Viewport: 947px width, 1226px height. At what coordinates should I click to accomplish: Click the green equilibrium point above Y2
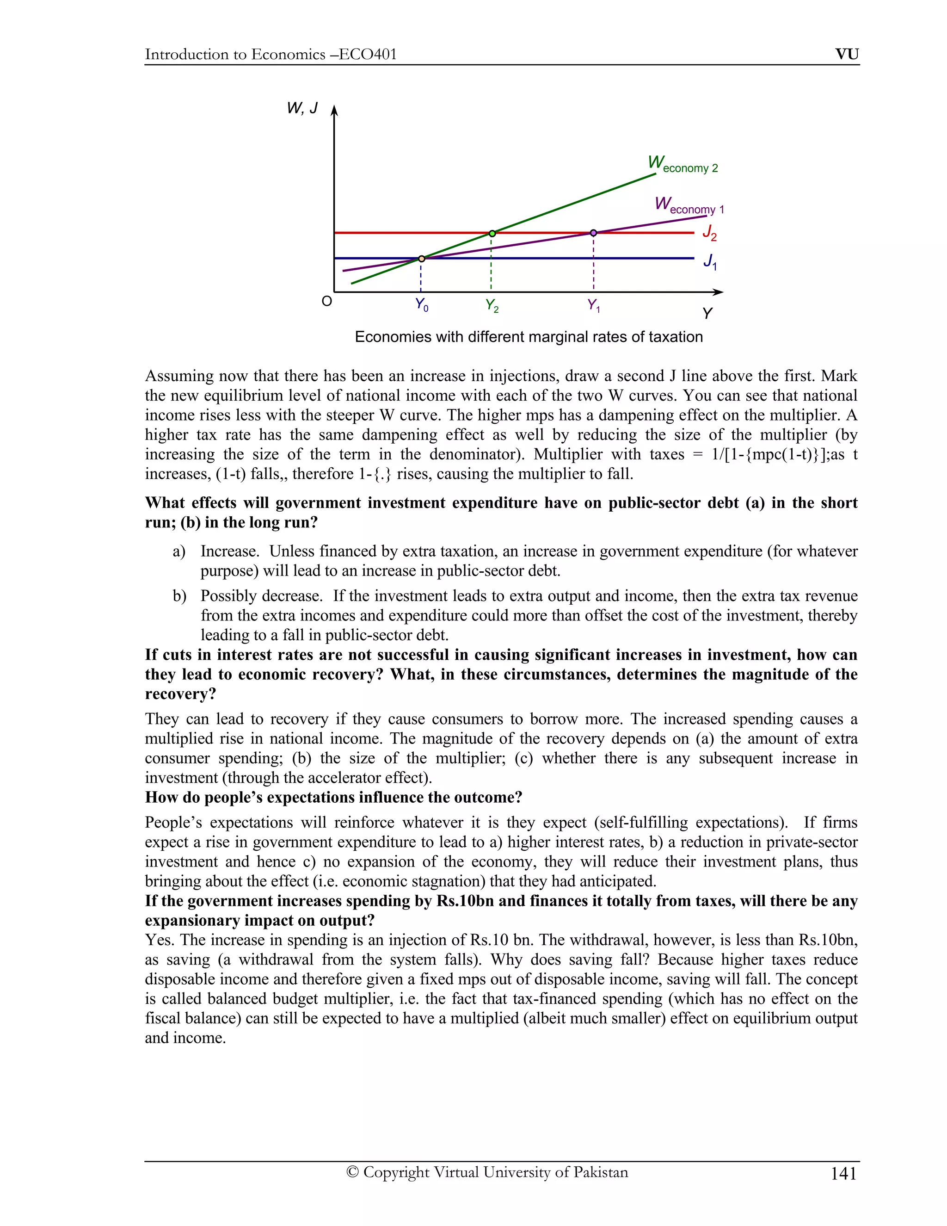(x=492, y=233)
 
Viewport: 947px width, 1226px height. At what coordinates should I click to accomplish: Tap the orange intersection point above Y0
(x=421, y=259)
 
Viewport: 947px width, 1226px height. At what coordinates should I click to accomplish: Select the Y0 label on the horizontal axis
(x=421, y=305)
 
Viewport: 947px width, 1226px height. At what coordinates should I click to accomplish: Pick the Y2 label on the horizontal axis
(x=492, y=306)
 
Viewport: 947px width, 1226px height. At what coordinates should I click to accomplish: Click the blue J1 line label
(x=710, y=261)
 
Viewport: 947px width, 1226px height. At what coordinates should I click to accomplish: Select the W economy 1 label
(x=689, y=205)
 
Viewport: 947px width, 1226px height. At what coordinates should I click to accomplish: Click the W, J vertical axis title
(x=302, y=108)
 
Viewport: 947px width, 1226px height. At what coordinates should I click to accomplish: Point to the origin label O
(x=326, y=302)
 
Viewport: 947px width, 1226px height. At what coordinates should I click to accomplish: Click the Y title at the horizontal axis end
(x=707, y=313)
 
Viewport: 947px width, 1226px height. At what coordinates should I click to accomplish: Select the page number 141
(x=843, y=1174)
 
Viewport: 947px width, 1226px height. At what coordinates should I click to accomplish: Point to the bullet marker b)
(x=179, y=596)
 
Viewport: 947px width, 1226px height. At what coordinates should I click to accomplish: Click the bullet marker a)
(x=179, y=552)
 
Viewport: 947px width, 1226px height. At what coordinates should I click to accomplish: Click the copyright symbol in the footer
(x=352, y=1172)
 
